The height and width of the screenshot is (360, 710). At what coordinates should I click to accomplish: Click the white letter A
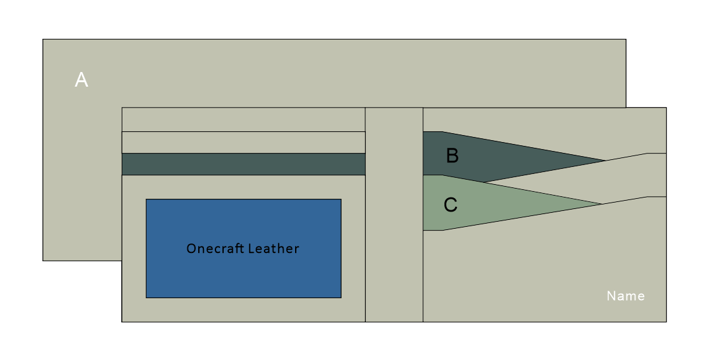[82, 80]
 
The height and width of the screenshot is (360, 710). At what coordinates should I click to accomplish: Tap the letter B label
[452, 156]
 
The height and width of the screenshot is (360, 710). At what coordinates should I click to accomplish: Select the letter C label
[451, 205]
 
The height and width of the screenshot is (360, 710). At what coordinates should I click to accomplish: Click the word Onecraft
[214, 248]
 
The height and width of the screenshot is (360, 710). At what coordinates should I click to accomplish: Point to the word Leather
[273, 248]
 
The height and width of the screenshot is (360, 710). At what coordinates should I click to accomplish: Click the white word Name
[625, 296]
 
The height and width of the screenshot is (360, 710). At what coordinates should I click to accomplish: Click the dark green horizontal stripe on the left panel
[243, 164]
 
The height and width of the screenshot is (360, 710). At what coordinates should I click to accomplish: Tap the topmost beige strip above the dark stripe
[243, 119]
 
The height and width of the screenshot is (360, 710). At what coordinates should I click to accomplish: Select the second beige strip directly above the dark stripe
[243, 142]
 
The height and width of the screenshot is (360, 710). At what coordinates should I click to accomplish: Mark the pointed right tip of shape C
[602, 204]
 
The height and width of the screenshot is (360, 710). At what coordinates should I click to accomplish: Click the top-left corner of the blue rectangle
[147, 199]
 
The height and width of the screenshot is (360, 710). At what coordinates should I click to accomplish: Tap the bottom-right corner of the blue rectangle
[341, 297]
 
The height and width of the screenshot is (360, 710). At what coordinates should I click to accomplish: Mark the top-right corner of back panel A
[626, 40]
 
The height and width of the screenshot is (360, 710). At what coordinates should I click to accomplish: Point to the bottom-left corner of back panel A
[43, 260]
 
